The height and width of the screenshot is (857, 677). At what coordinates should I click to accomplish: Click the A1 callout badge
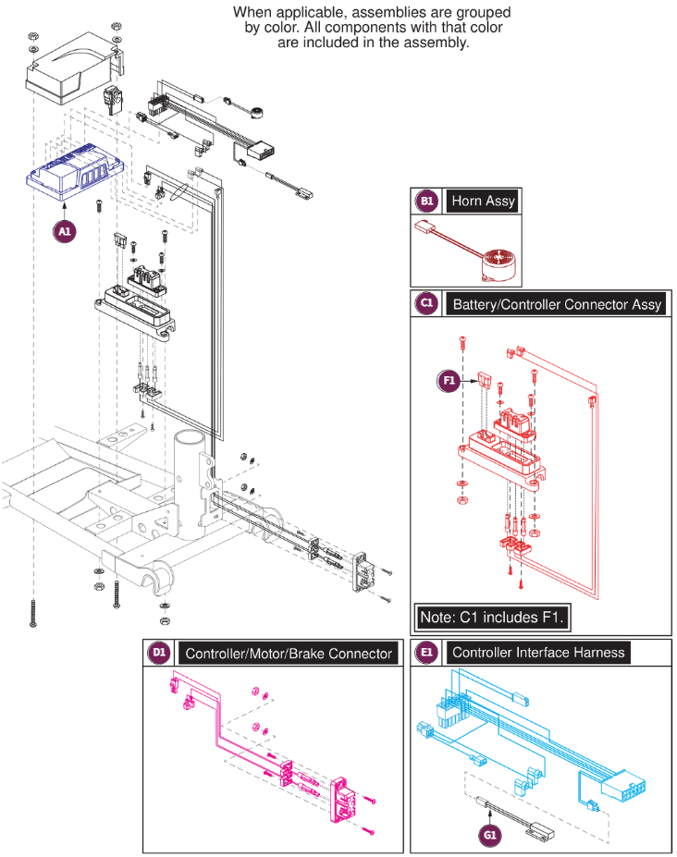click(x=64, y=233)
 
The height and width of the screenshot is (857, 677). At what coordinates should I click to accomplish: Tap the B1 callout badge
click(x=426, y=201)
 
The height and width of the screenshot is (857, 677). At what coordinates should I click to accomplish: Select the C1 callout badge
click(x=426, y=304)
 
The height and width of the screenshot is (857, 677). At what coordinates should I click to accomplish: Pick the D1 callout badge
click(x=158, y=653)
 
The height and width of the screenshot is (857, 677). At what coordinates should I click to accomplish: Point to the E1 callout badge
click(x=426, y=653)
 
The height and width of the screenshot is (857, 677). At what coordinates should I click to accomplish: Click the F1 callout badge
click(x=448, y=379)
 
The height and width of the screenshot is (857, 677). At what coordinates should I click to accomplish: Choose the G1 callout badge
click(x=488, y=835)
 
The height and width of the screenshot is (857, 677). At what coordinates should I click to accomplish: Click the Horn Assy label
click(x=483, y=201)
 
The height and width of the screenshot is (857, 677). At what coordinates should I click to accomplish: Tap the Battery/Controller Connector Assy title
click(x=557, y=304)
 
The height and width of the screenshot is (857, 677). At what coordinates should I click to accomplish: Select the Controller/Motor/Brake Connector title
click(x=289, y=654)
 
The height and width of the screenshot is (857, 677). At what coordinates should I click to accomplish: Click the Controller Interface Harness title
click(x=538, y=653)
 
